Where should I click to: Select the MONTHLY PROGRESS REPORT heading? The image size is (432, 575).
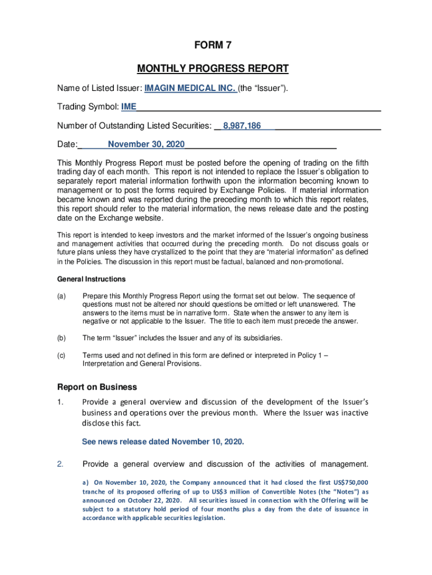(x=213, y=69)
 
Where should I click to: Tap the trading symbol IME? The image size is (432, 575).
(x=128, y=107)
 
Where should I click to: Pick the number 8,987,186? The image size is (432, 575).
(x=242, y=126)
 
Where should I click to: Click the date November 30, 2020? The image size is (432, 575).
(x=146, y=144)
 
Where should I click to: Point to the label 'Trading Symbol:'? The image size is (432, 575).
(x=88, y=107)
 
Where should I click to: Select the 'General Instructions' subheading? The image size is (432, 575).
(x=91, y=279)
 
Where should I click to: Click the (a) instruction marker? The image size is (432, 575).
(x=62, y=296)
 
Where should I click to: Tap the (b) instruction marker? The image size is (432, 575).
(x=62, y=338)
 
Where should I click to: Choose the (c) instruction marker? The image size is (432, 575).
(x=62, y=355)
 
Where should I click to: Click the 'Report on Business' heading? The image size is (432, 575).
(x=97, y=387)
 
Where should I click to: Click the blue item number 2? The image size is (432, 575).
(x=61, y=464)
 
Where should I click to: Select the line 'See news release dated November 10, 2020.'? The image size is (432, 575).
(x=163, y=442)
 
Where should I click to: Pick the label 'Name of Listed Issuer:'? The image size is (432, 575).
(x=100, y=88)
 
